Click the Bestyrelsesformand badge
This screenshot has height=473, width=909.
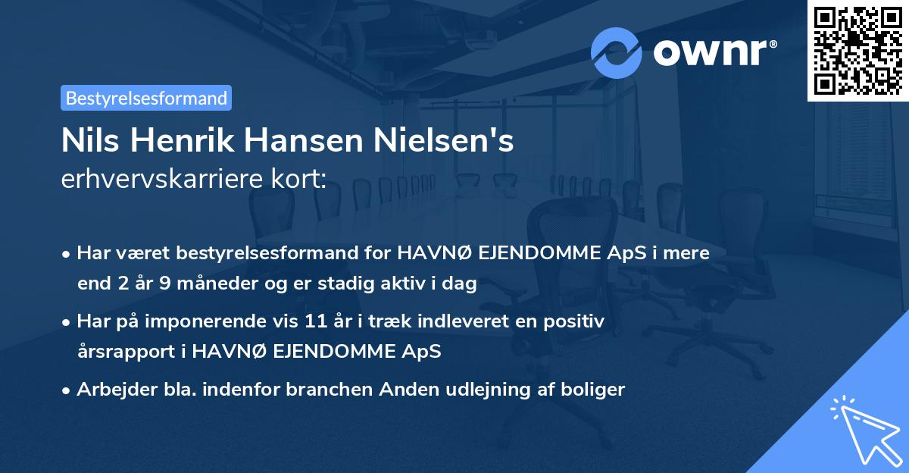point(146,98)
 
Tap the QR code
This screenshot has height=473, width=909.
point(857,50)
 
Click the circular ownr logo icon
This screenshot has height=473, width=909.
point(616,52)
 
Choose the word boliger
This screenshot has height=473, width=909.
point(596,390)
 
